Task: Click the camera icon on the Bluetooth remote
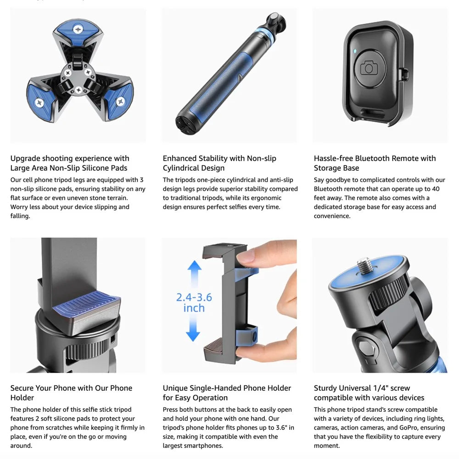369,68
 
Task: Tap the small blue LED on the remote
355,51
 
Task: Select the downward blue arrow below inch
193,329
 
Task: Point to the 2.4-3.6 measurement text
194,297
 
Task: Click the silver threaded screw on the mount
365,265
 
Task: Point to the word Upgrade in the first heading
25,159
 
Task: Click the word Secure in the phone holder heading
22,388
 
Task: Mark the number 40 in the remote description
436,189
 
